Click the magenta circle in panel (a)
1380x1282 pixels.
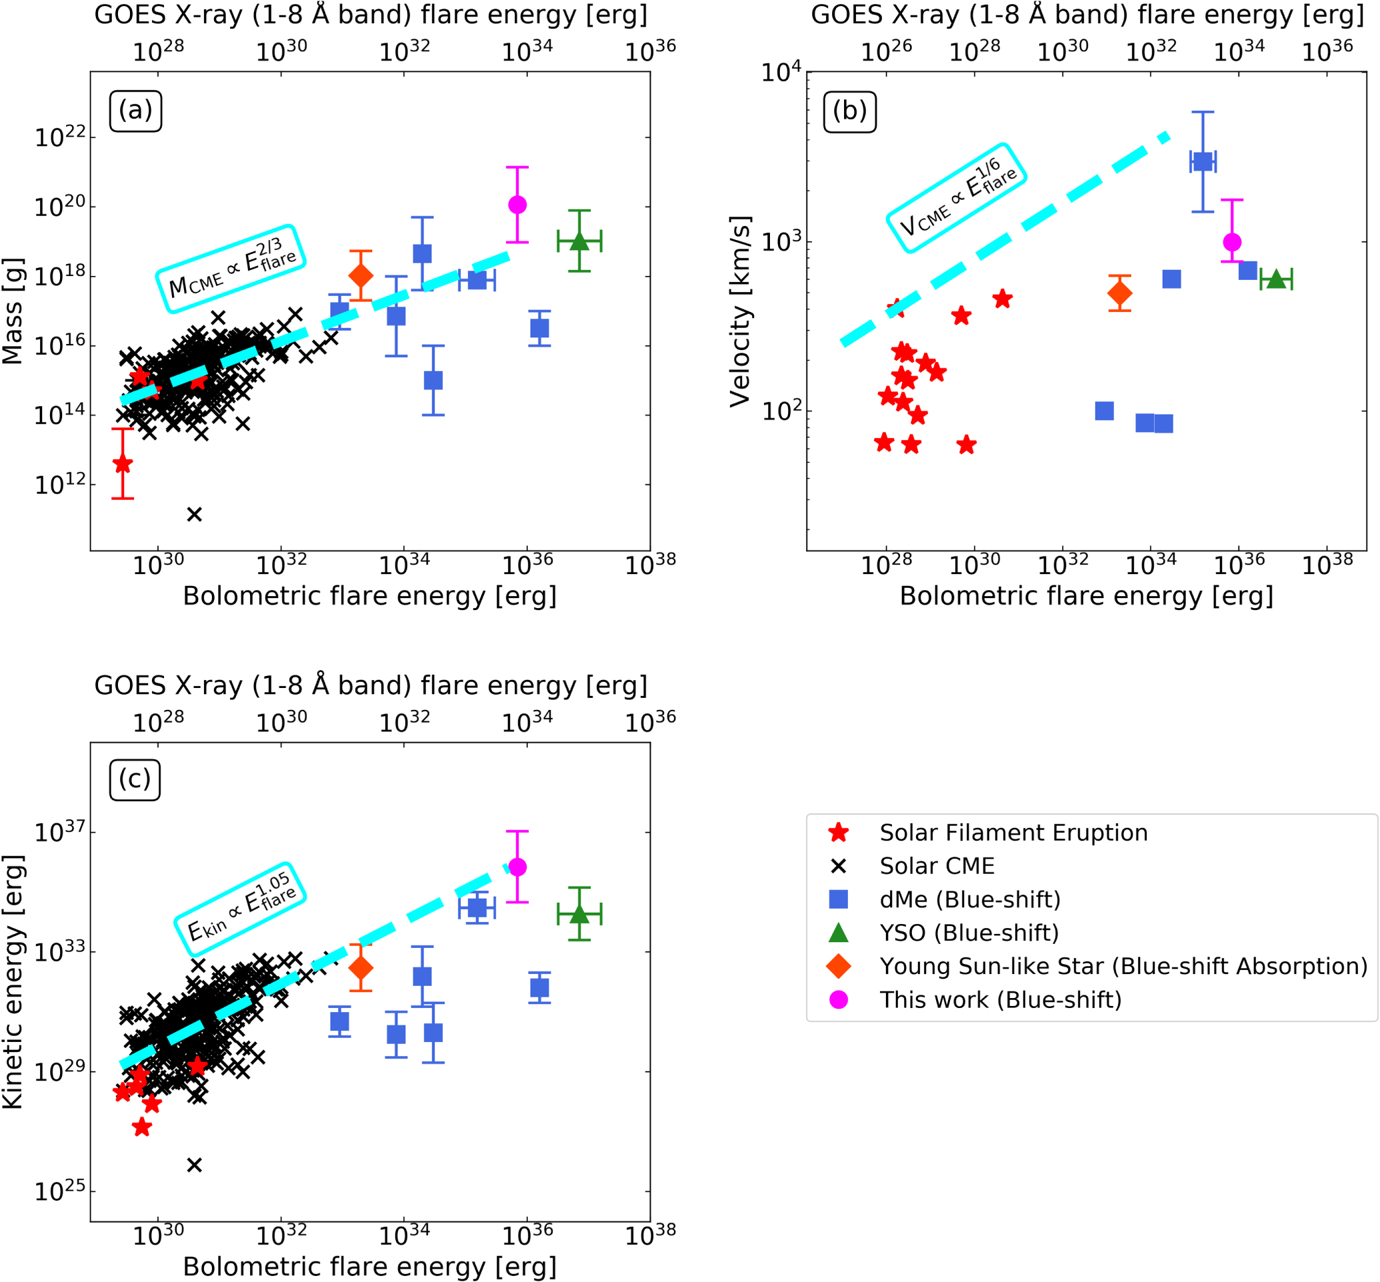[x=517, y=205]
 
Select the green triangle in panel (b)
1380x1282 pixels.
[x=1275, y=279]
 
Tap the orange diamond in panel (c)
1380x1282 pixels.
[x=360, y=968]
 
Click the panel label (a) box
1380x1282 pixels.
[x=135, y=110]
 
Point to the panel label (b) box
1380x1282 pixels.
[x=849, y=111]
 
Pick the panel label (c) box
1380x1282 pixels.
[x=135, y=780]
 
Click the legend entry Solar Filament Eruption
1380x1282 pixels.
[x=1013, y=833]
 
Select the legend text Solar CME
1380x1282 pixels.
[x=937, y=866]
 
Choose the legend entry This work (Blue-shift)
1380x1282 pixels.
[x=1000, y=999]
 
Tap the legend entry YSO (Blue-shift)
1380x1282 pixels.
[x=969, y=933]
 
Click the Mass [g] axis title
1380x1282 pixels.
[x=13, y=311]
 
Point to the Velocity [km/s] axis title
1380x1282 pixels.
[x=740, y=311]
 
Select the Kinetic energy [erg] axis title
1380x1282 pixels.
[x=13, y=982]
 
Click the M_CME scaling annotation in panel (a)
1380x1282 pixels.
[x=231, y=269]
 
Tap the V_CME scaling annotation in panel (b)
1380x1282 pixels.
[x=956, y=198]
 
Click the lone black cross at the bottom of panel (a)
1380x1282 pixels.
[x=194, y=514]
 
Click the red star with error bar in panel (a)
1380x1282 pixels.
[x=122, y=463]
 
